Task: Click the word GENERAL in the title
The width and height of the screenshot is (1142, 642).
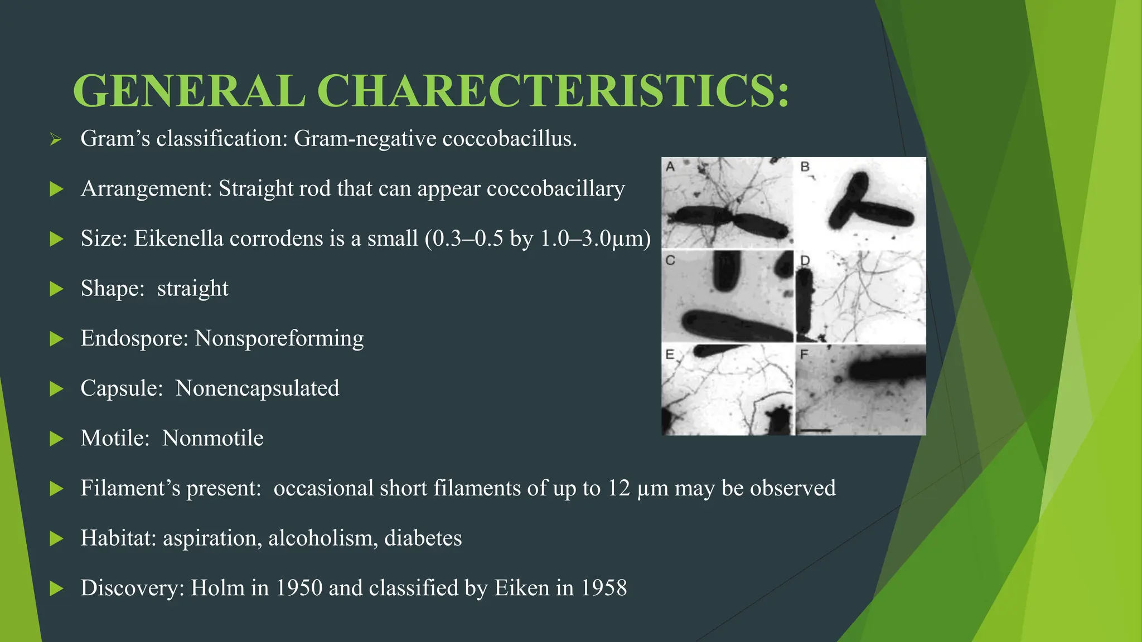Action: (189, 91)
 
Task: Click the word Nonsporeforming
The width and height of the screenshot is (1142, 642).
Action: (279, 338)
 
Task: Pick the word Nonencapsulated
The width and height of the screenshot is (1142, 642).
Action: (257, 388)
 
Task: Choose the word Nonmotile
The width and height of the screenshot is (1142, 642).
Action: (212, 438)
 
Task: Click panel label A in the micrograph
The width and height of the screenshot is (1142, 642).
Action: (670, 167)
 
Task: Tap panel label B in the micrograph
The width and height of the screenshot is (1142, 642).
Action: (805, 167)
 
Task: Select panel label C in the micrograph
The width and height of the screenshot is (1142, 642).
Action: (670, 260)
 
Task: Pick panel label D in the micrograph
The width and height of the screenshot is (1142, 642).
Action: (805, 260)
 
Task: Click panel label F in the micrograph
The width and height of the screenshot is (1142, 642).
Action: (804, 354)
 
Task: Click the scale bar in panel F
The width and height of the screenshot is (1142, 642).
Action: (815, 430)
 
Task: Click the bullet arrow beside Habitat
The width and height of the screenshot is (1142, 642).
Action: (56, 539)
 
